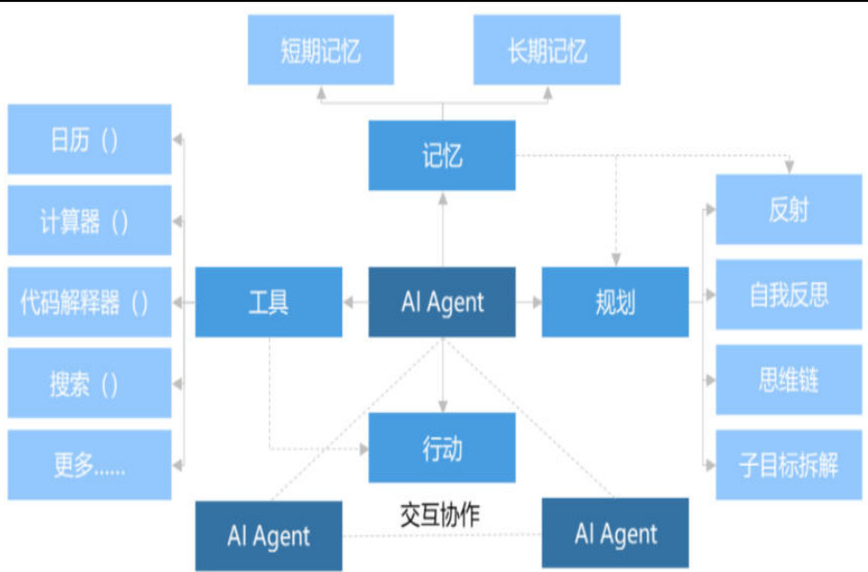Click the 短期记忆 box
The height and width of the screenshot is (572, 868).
click(321, 50)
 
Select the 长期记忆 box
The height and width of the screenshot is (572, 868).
click(547, 50)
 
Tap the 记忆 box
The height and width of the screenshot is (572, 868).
click(442, 155)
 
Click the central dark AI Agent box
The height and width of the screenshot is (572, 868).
click(442, 302)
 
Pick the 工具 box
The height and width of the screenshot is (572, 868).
click(269, 302)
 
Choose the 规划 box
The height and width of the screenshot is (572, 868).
click(615, 302)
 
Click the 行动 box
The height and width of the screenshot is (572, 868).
click(442, 447)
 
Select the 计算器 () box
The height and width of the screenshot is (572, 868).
click(90, 220)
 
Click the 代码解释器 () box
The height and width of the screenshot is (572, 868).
click(90, 302)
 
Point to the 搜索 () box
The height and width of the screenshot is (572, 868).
click(90, 383)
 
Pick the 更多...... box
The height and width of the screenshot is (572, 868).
click(90, 464)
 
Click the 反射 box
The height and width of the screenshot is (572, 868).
click(788, 210)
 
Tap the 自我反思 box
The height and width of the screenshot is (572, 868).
click(788, 295)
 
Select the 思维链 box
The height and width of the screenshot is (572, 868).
click(788, 380)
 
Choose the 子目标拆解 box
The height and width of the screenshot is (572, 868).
click(788, 464)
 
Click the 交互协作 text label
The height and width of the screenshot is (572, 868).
click(440, 515)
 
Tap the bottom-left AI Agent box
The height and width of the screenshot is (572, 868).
click(269, 536)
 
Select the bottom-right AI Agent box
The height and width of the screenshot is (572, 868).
click(615, 533)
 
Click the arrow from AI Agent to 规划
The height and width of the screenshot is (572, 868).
click(529, 302)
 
